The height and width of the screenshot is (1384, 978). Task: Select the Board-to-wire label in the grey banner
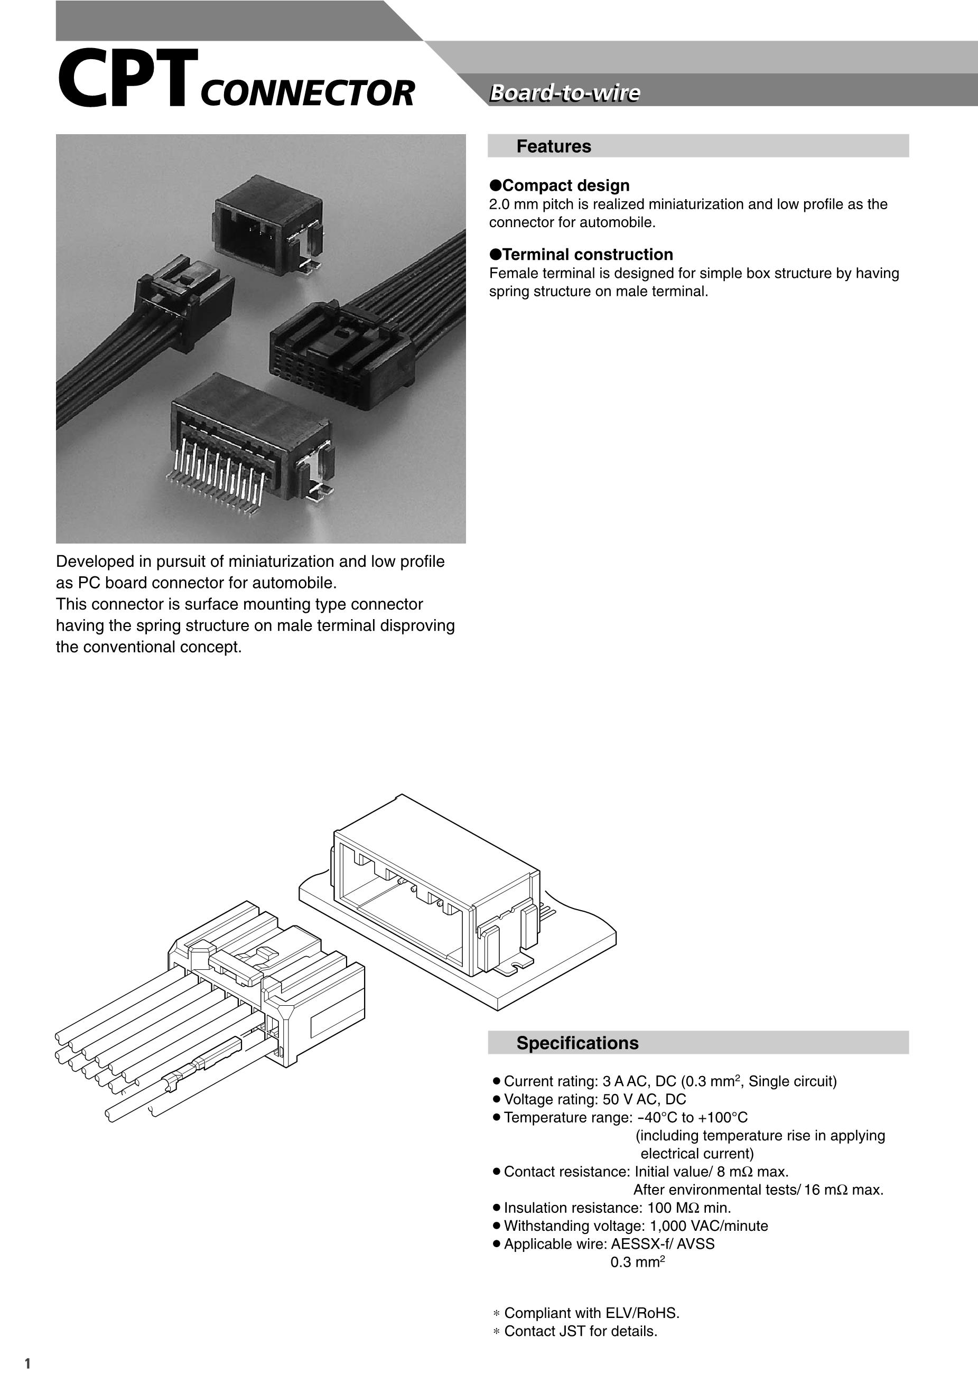click(564, 93)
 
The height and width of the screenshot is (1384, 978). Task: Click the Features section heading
click(554, 146)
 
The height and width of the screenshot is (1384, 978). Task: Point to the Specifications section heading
click(577, 1043)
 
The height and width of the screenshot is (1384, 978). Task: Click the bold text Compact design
click(565, 185)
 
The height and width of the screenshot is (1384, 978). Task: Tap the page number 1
click(27, 1363)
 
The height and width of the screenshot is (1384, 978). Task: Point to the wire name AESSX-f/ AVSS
click(663, 1243)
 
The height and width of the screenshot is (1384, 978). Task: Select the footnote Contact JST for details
click(581, 1331)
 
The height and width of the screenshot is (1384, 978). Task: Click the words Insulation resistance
click(572, 1208)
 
